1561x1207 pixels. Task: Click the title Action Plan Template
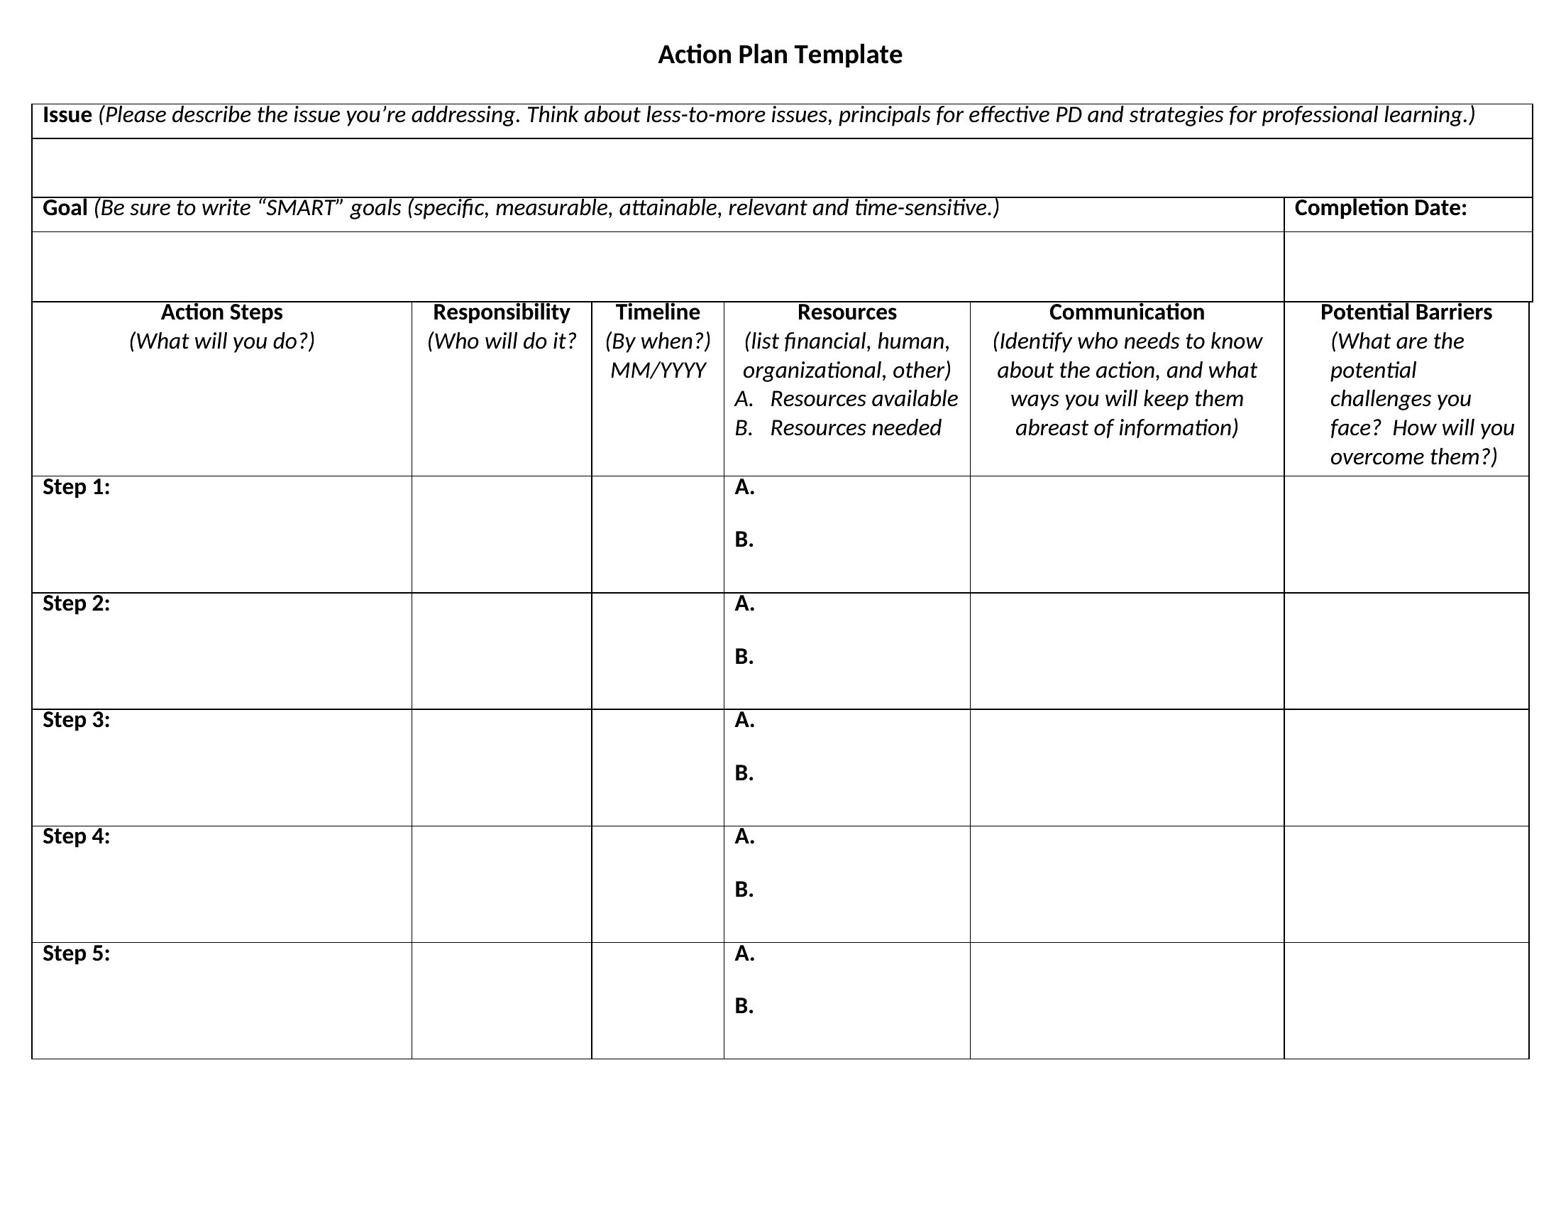pyautogui.click(x=780, y=55)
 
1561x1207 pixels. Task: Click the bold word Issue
pyautogui.click(x=67, y=115)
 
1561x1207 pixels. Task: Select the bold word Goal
pyautogui.click(x=65, y=208)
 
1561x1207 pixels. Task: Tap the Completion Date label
pyautogui.click(x=1380, y=208)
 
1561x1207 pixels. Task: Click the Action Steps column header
pyautogui.click(x=221, y=312)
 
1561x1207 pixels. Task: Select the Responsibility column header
pyautogui.click(x=501, y=312)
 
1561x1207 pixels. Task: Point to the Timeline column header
pyautogui.click(x=658, y=312)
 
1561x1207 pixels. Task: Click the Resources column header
pyautogui.click(x=846, y=312)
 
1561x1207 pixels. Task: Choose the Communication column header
pyautogui.click(x=1127, y=312)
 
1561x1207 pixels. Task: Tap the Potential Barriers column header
pyautogui.click(x=1405, y=312)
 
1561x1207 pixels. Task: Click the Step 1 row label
pyautogui.click(x=77, y=488)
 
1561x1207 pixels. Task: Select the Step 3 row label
pyautogui.click(x=77, y=720)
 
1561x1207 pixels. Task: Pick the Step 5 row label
pyautogui.click(x=77, y=954)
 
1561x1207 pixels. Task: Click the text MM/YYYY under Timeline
pyautogui.click(x=658, y=371)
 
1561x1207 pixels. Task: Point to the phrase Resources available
pyautogui.click(x=864, y=399)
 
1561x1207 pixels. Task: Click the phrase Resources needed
pyautogui.click(x=855, y=428)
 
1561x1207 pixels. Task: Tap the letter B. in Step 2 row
pyautogui.click(x=744, y=657)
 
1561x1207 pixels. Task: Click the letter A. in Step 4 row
pyautogui.click(x=744, y=836)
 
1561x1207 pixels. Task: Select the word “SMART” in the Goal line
pyautogui.click(x=299, y=208)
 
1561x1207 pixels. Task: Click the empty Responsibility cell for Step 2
pyautogui.click(x=501, y=650)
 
